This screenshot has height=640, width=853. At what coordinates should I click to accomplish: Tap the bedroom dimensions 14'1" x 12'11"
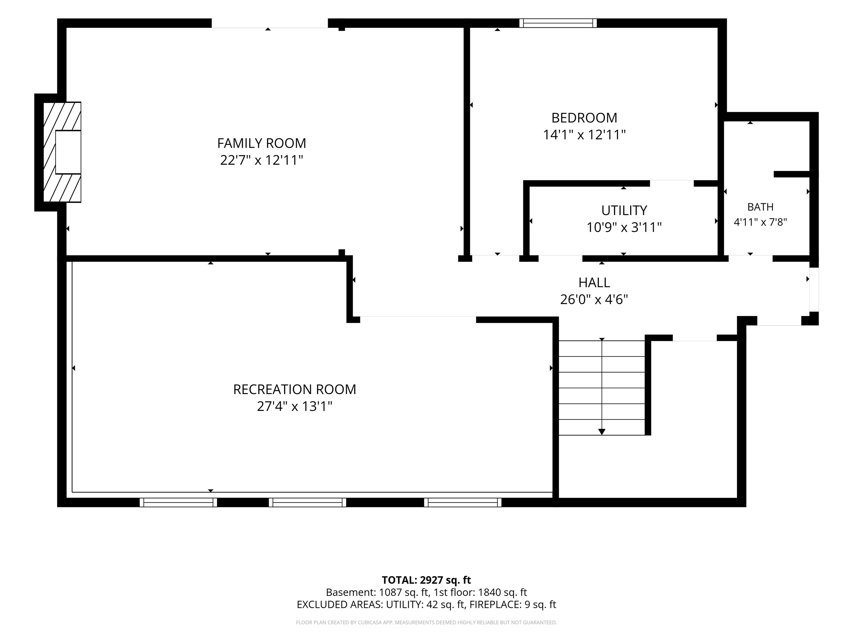coord(584,135)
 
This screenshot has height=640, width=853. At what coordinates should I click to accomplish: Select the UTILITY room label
coord(624,210)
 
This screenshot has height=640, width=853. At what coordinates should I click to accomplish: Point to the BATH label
coord(760,207)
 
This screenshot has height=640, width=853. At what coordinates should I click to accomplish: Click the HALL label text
coord(594,283)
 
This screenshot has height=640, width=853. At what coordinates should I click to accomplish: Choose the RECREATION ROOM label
coord(295,390)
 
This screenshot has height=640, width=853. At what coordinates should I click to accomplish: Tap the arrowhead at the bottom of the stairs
coord(602,432)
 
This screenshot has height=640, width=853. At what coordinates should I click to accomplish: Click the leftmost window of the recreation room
coord(178,502)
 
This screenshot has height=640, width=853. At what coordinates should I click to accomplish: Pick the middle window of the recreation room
coord(307,502)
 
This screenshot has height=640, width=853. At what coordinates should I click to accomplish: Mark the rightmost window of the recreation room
coord(463,502)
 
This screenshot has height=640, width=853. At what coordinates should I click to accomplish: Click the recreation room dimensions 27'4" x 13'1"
coord(295,407)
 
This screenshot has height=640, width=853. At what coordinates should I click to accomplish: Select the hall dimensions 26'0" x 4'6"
coord(594,299)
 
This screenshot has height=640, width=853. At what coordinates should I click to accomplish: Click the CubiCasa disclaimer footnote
coord(426,622)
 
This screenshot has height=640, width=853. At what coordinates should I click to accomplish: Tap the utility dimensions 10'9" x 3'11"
coord(624,227)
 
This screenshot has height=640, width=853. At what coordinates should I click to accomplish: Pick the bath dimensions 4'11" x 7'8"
coord(760,222)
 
